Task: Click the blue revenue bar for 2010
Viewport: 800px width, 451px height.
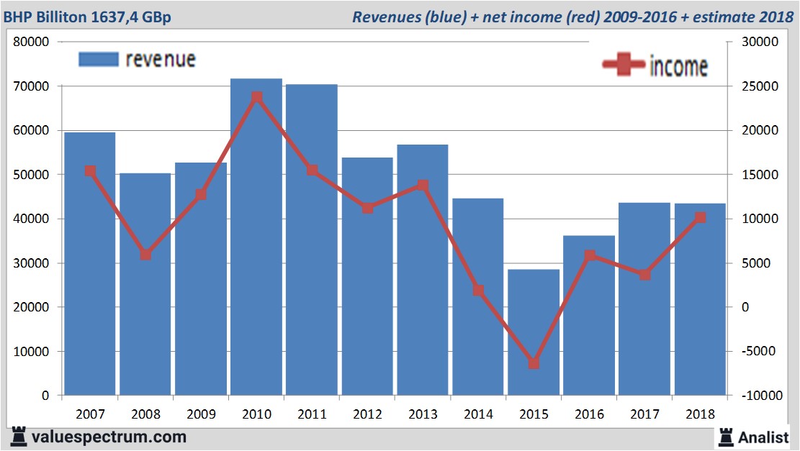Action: point(256,237)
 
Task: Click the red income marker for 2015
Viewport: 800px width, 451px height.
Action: point(534,363)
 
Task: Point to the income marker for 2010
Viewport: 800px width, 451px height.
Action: point(256,96)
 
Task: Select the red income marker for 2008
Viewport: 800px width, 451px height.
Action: point(145,255)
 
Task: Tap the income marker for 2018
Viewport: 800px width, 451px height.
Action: point(700,217)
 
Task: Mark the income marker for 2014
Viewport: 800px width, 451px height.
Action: point(478,291)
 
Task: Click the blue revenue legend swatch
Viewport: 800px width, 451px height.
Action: point(98,60)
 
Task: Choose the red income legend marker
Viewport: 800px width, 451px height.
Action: point(624,65)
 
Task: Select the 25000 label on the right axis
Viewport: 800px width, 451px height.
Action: point(757,86)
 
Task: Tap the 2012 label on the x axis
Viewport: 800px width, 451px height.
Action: point(367,414)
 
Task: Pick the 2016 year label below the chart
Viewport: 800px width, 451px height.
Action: point(589,414)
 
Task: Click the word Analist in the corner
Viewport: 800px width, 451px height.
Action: point(763,436)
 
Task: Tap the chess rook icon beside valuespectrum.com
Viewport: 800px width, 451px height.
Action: point(17,437)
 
